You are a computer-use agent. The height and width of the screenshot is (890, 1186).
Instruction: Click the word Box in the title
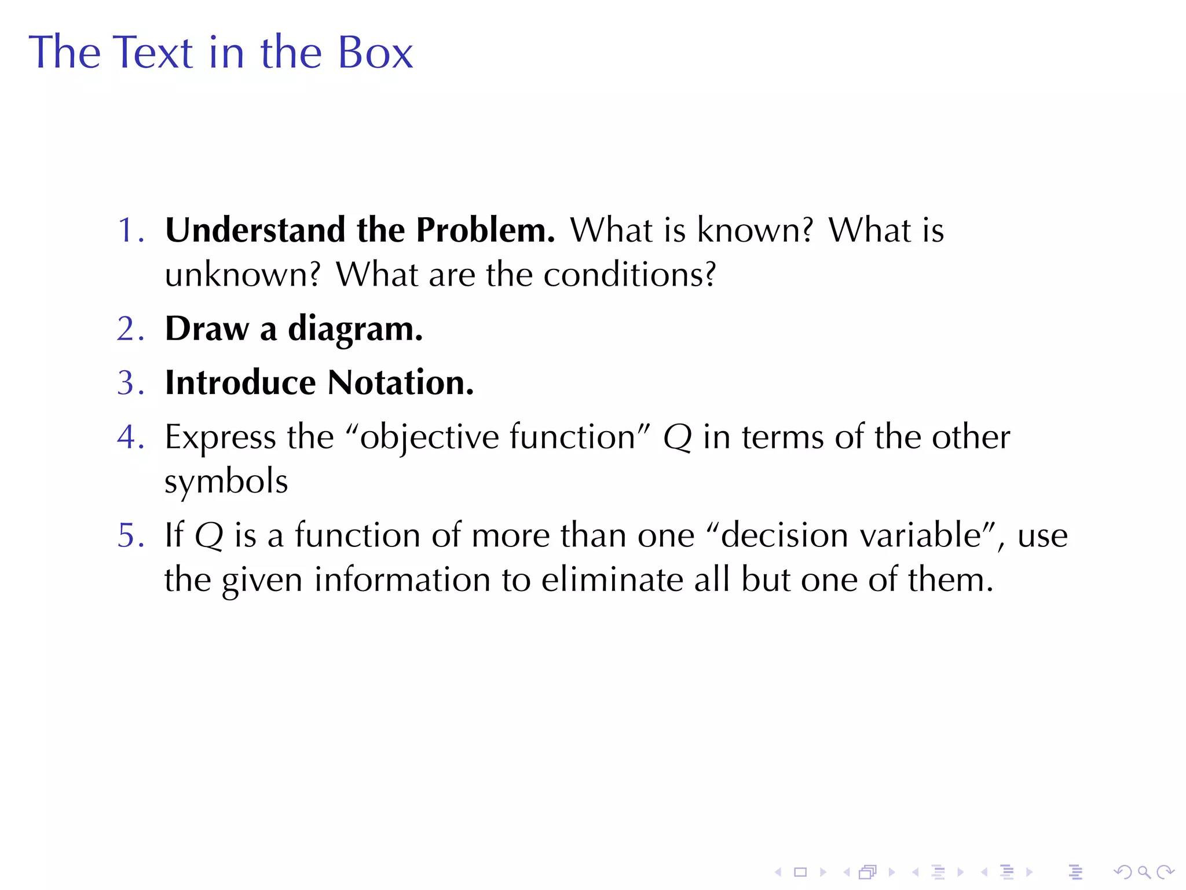pyautogui.click(x=375, y=52)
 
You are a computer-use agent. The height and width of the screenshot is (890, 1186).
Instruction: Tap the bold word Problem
pyautogui.click(x=485, y=229)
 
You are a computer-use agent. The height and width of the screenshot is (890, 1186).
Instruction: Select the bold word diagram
pyautogui.click(x=355, y=330)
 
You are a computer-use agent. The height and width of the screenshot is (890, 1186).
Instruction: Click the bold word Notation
pyautogui.click(x=400, y=382)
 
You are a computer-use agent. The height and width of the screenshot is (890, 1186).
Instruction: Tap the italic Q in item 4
pyautogui.click(x=678, y=437)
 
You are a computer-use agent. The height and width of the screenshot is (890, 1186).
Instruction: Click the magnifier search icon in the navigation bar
pyautogui.click(x=1144, y=872)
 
